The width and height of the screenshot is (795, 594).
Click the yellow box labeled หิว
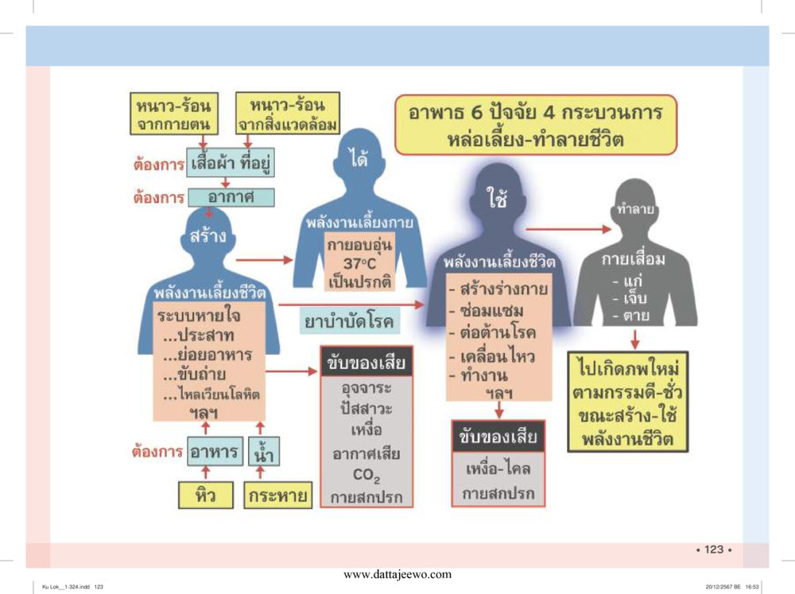206,495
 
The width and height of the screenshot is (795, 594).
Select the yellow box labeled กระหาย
277,495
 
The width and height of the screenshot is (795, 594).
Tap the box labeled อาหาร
215,451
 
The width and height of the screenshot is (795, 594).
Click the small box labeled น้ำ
264,451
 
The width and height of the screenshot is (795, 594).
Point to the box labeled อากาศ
231,197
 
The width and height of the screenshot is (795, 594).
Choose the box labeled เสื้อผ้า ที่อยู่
231,163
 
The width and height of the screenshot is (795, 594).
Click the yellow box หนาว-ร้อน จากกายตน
174,114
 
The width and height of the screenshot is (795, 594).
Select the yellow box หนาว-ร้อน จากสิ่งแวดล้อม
288,113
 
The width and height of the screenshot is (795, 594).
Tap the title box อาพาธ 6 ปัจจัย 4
535,125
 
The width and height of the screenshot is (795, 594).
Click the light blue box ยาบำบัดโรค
349,321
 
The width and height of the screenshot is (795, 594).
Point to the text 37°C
359,263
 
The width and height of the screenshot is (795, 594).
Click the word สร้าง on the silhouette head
207,236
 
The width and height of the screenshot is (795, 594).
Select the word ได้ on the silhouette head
359,159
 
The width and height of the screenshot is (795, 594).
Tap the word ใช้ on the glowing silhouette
497,197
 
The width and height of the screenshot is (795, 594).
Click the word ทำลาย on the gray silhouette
634,208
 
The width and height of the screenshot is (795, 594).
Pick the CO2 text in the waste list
366,476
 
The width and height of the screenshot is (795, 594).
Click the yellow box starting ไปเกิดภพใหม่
628,402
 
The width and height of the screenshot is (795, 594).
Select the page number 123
714,549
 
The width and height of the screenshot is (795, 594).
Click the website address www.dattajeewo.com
397,574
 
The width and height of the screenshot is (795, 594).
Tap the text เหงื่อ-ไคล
498,468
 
